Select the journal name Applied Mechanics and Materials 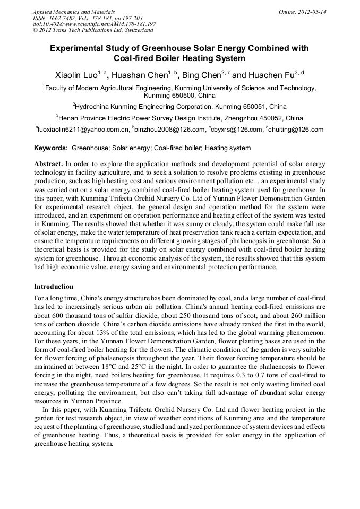[x=74, y=12]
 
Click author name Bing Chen [x=201, y=75]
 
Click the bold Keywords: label [x=51, y=148]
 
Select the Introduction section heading [x=54, y=287]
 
